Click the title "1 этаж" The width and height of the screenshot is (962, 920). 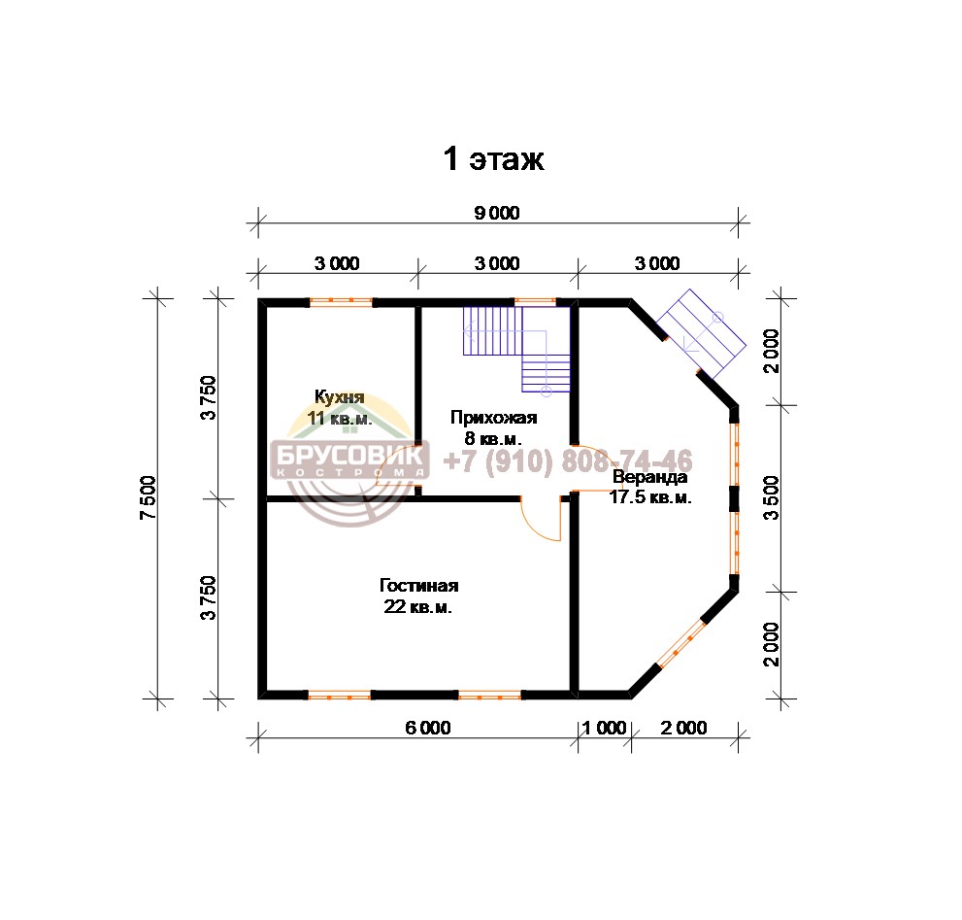click(x=493, y=159)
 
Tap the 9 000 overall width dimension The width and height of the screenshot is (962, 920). click(x=497, y=213)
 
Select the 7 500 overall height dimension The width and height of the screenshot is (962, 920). click(x=149, y=497)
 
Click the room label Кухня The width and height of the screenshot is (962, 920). click(x=340, y=396)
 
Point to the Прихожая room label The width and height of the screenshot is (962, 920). click(x=493, y=418)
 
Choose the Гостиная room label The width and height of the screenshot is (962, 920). click(x=419, y=585)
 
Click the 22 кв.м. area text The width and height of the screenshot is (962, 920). click(x=417, y=607)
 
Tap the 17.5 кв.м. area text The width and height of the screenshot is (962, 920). click(x=650, y=496)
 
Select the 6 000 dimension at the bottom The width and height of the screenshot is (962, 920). click(x=428, y=728)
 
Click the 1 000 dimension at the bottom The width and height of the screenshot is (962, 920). click(x=604, y=728)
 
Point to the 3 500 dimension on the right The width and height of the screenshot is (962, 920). click(x=771, y=498)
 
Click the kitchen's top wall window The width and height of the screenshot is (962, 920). click(x=341, y=301)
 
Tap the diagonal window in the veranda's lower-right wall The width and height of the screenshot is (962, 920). click(x=681, y=644)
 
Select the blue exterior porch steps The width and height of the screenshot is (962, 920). click(x=701, y=334)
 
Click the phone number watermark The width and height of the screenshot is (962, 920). click(x=568, y=460)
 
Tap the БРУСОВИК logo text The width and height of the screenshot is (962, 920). click(x=349, y=455)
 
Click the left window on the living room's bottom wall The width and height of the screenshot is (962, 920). click(x=340, y=696)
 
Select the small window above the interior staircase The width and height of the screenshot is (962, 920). click(x=535, y=301)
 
